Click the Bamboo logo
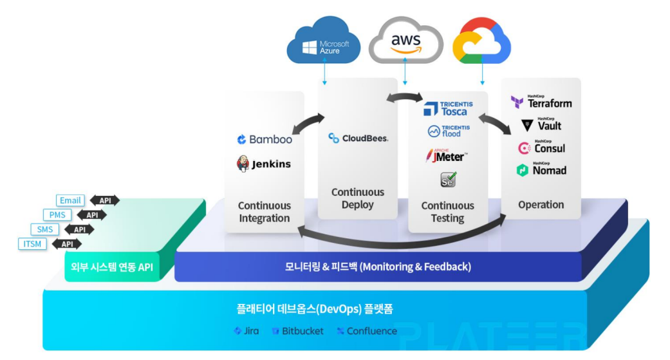pyautogui.click(x=264, y=139)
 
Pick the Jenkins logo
pyautogui.click(x=264, y=164)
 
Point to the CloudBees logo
pyautogui.click(x=358, y=138)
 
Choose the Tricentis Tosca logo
pyautogui.click(x=448, y=108)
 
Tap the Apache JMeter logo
pyautogui.click(x=446, y=155)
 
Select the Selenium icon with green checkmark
pyautogui.click(x=448, y=180)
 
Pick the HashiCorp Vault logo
pyautogui.click(x=541, y=124)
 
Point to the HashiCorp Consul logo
pyautogui.click(x=541, y=147)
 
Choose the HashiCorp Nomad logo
pyautogui.click(x=541, y=170)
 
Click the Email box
pyautogui.click(x=70, y=200)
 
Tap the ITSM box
pyautogui.click(x=32, y=243)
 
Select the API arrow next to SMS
pyautogui.click(x=80, y=229)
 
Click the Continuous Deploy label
pyautogui.click(x=358, y=198)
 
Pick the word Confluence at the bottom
pyautogui.click(x=371, y=331)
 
